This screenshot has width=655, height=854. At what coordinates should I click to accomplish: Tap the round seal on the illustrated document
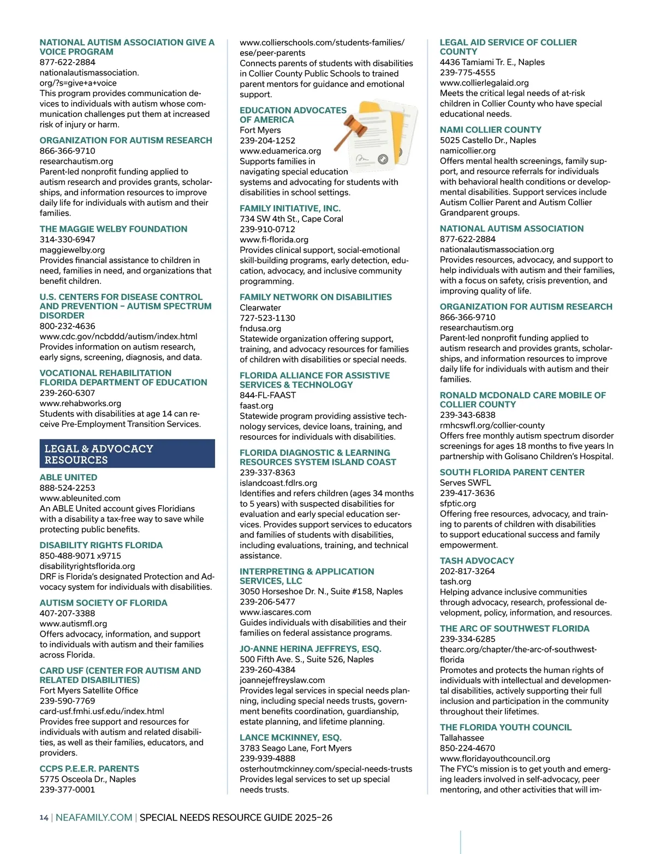point(383,159)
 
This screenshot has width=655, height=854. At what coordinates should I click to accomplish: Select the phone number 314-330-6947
point(67,239)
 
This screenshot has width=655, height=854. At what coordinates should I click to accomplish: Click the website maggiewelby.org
point(72,250)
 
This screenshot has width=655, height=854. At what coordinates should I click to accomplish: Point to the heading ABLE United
point(68,477)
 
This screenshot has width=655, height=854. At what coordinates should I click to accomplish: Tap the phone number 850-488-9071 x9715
point(80,556)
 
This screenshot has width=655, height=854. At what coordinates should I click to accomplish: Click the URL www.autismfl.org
point(73,624)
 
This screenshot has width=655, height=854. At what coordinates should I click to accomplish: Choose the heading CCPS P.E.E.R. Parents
point(89,769)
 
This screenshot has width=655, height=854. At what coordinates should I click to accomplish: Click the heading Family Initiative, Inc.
point(290,209)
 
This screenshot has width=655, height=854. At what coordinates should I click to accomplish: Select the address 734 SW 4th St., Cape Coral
point(291,219)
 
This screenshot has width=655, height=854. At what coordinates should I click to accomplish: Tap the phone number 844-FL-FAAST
point(267,395)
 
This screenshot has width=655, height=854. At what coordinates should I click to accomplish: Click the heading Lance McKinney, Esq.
point(290,738)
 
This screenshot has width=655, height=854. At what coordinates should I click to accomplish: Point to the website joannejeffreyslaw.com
point(282,680)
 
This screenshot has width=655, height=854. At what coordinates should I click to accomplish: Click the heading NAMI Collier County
point(490,130)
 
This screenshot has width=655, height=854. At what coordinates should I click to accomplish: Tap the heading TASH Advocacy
point(477,561)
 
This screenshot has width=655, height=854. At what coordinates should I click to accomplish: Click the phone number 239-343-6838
point(467,415)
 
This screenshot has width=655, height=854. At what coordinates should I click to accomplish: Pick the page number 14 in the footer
point(44,817)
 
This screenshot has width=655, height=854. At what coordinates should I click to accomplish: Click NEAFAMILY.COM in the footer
point(94,817)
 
